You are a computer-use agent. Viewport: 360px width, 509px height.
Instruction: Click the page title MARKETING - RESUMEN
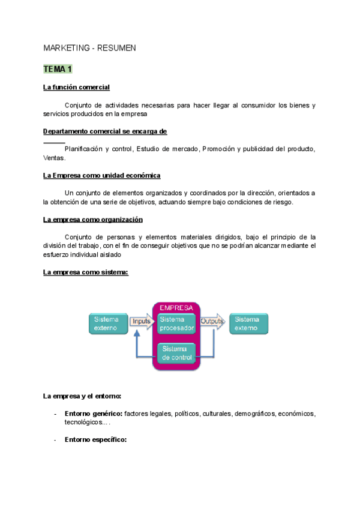pyautogui.click(x=90, y=47)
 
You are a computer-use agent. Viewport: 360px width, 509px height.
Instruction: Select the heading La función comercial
pyautogui.click(x=76, y=88)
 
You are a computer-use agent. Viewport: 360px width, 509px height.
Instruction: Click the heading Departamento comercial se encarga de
pyautogui.click(x=105, y=131)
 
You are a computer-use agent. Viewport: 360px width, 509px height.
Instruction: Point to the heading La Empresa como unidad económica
pyautogui.click(x=102, y=175)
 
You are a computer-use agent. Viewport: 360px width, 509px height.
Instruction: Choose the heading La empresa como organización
pyautogui.click(x=93, y=220)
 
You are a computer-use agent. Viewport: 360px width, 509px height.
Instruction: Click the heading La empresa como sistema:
pyautogui.click(x=86, y=273)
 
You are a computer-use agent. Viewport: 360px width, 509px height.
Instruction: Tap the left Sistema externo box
pyautogui.click(x=108, y=324)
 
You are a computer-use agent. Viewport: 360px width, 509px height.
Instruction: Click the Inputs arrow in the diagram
pyautogui.click(x=141, y=321)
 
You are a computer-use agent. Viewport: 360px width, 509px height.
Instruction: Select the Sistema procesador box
pyautogui.click(x=177, y=324)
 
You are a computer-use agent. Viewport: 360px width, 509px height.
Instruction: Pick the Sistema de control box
pyautogui.click(x=177, y=353)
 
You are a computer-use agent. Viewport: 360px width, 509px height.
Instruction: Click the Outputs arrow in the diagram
pyautogui.click(x=212, y=321)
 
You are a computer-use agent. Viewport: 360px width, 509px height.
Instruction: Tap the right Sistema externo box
pyautogui.click(x=248, y=324)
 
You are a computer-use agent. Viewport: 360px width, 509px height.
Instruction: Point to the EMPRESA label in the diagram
pyautogui.click(x=176, y=307)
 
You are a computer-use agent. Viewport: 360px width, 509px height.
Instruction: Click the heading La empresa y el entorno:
pyautogui.click(x=82, y=396)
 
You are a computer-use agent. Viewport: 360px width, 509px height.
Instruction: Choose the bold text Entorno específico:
pyautogui.click(x=95, y=440)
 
